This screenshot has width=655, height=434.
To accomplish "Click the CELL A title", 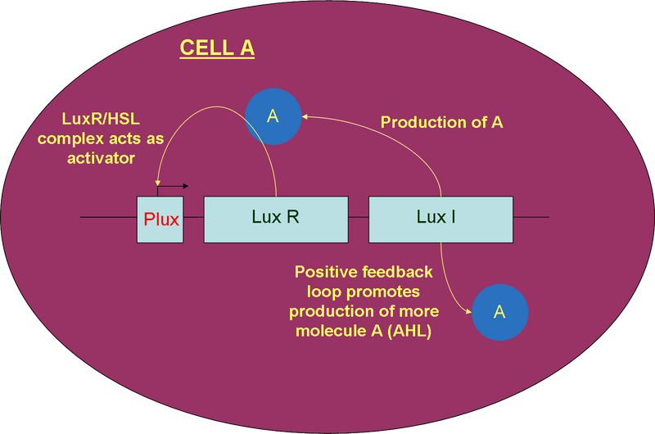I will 217,48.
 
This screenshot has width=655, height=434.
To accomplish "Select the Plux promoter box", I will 160,219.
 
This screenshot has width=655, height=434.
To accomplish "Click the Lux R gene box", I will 276,219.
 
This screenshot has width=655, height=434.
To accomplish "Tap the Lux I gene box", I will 440,219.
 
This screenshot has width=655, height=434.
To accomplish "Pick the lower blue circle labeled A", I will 500,313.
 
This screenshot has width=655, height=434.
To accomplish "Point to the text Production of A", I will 442,123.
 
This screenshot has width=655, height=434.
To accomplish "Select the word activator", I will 101,158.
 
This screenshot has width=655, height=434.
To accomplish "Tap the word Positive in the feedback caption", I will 324,272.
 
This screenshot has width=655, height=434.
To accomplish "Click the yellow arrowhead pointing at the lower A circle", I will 468,311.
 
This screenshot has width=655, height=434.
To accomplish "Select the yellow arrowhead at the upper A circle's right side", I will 305,118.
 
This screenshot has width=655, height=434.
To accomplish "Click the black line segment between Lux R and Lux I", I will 359,218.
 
